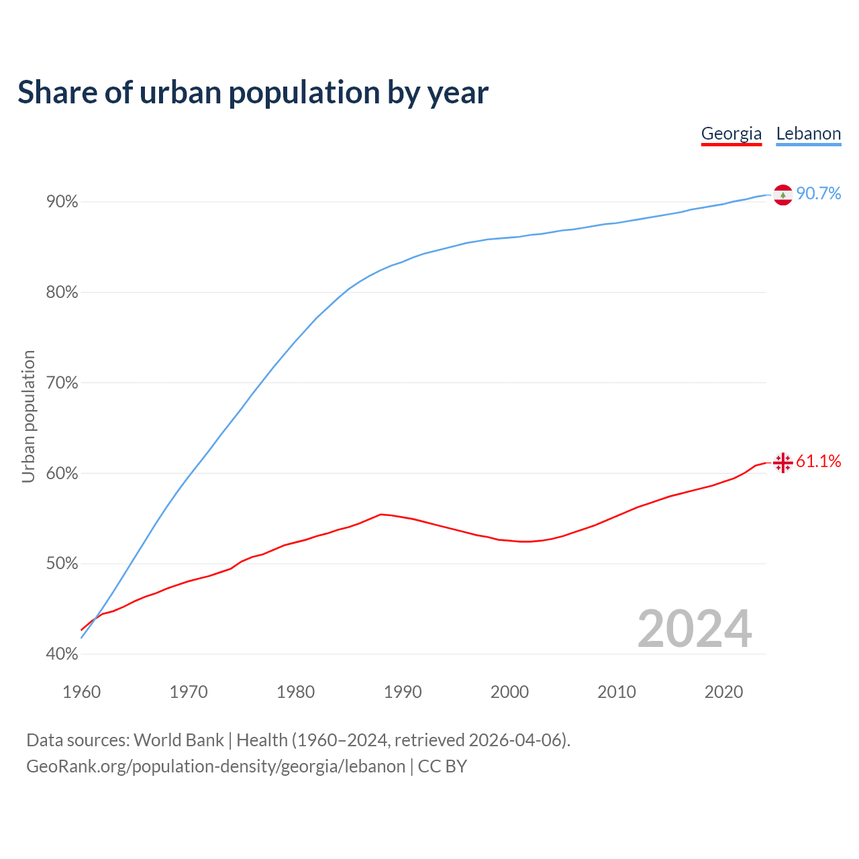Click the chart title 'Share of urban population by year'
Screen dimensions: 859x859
253,93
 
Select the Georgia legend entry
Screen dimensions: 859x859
731,134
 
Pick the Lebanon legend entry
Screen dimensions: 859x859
808,134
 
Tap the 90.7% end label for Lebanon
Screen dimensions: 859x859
818,194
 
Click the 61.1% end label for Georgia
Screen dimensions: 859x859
818,461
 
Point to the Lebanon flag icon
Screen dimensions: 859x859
782,195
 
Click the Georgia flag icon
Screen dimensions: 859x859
782,462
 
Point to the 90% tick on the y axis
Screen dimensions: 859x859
62,202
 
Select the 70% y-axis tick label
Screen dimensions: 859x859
62,383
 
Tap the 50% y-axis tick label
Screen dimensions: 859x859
62,564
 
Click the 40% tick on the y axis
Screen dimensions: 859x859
62,654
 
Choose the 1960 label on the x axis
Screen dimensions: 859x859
82,692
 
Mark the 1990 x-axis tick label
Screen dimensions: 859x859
403,692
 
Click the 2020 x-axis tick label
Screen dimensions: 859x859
723,692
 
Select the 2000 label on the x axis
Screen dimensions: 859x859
509,692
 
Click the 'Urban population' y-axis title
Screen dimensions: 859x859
28,416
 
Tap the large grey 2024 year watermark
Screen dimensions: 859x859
695,629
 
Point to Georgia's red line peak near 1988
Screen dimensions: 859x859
381,514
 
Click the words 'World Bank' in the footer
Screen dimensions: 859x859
179,740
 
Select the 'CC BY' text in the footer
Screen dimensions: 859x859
442,766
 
